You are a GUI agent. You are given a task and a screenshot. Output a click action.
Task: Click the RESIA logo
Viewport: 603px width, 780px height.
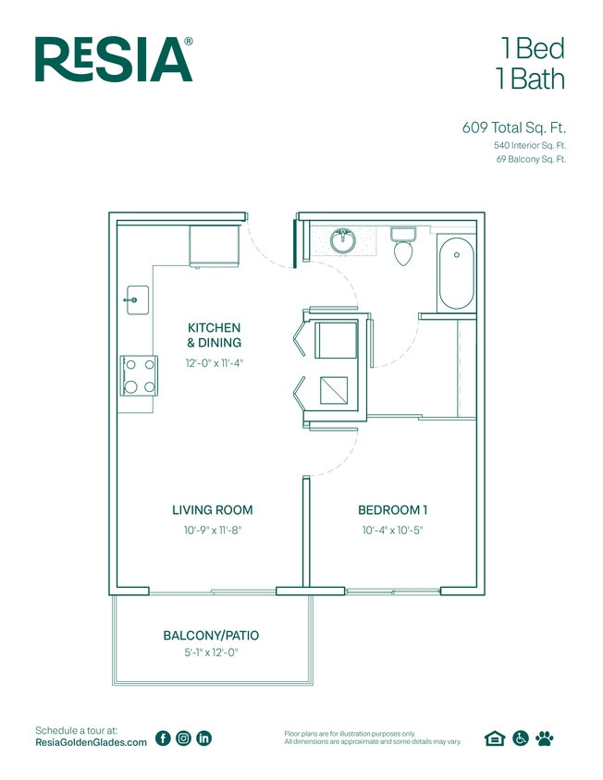tap(114, 59)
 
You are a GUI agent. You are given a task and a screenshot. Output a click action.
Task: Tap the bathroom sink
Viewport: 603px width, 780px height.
tap(344, 240)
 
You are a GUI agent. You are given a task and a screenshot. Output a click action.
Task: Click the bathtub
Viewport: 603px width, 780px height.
tap(454, 274)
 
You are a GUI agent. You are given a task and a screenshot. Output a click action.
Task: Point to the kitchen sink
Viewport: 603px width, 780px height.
tap(136, 299)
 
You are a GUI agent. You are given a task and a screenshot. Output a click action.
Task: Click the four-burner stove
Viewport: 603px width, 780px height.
tap(137, 376)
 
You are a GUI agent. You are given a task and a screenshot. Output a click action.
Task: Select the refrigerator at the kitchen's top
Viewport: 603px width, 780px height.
tap(215, 244)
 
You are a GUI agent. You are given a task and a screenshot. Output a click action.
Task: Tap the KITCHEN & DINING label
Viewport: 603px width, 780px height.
tap(214, 335)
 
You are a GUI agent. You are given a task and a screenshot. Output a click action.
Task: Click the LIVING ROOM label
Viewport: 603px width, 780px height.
tap(212, 510)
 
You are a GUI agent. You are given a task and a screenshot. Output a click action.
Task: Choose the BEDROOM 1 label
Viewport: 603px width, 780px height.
tap(392, 510)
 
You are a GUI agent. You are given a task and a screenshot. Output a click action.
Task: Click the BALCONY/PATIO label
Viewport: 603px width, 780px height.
tap(211, 636)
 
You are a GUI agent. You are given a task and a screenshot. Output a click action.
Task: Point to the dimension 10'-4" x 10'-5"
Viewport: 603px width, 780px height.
tap(392, 530)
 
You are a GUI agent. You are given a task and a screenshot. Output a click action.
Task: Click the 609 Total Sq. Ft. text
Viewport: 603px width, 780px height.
tap(513, 128)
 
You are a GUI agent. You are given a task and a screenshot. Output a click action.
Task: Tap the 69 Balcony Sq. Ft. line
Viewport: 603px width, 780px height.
tap(530, 160)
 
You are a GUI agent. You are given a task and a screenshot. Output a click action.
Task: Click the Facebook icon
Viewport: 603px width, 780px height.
tap(163, 737)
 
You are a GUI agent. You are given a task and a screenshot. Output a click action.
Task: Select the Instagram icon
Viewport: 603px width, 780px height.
tap(183, 737)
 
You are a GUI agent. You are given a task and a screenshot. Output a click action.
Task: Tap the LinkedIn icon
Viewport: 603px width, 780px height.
tap(204, 737)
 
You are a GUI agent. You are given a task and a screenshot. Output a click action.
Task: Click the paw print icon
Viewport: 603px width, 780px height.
tap(545, 737)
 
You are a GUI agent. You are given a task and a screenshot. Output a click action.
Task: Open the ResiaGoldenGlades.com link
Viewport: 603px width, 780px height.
tap(91, 743)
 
